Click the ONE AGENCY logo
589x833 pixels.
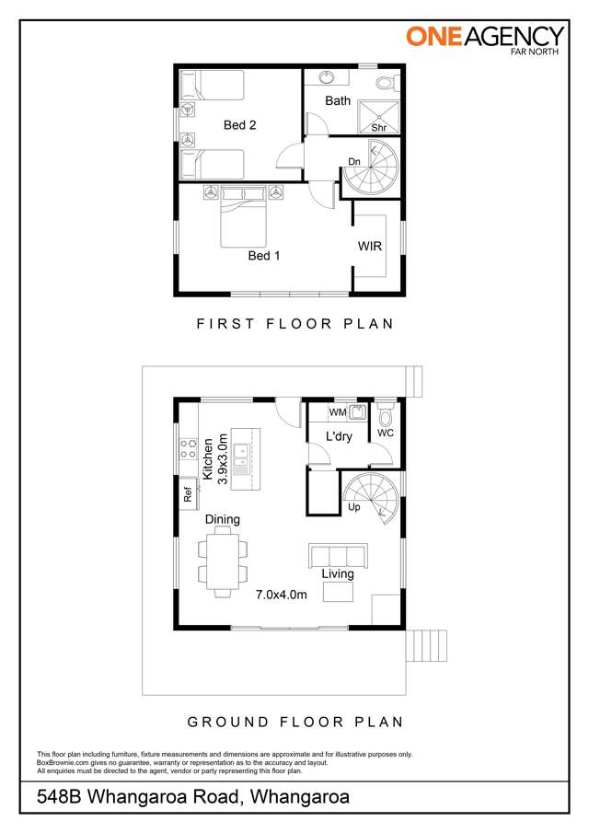click(x=485, y=39)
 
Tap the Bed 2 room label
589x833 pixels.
click(x=239, y=125)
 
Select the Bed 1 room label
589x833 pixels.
click(x=264, y=255)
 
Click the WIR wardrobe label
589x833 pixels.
click(x=370, y=246)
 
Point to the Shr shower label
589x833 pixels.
click(x=378, y=128)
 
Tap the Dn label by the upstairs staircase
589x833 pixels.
click(x=354, y=162)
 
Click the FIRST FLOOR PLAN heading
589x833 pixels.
click(x=295, y=323)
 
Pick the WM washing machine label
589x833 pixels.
click(x=337, y=411)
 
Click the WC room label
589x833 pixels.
click(x=386, y=433)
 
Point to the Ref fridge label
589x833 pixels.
click(x=187, y=495)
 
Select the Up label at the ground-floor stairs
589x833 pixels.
click(x=353, y=507)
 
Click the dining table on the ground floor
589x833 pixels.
click(x=223, y=561)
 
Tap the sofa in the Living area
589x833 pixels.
click(x=335, y=555)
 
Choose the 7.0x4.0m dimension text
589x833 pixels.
click(x=281, y=595)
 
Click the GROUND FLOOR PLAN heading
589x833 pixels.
click(x=295, y=722)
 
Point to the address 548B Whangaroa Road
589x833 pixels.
click(x=193, y=798)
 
